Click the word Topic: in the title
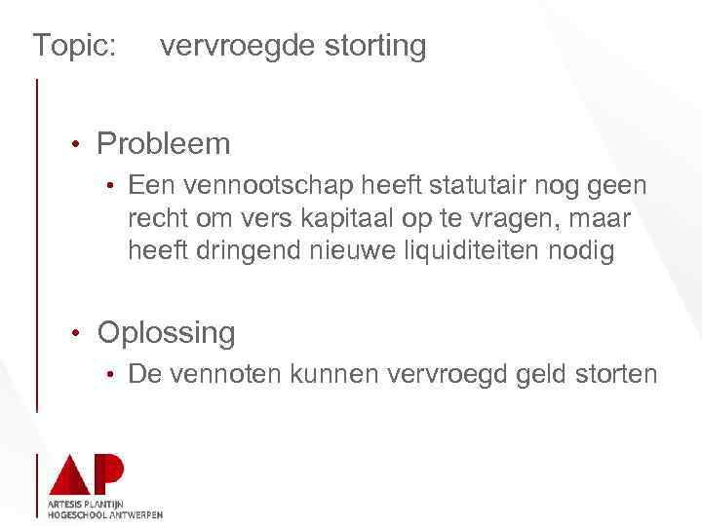(x=74, y=46)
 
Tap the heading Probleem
(x=164, y=144)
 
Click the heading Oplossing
(x=166, y=333)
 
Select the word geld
(x=533, y=373)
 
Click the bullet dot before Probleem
(x=74, y=145)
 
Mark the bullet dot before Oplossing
(x=74, y=334)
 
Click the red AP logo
(x=86, y=474)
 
